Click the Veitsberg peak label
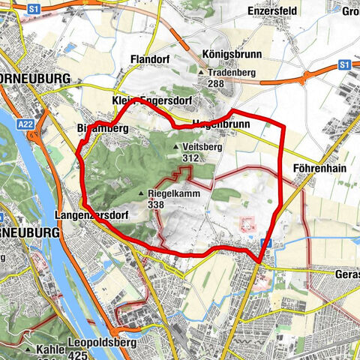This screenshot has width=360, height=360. coord(202,148)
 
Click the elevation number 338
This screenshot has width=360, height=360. coord(157,204)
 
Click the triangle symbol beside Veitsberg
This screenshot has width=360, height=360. coord(176,148)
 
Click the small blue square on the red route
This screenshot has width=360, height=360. coord(264,243)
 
